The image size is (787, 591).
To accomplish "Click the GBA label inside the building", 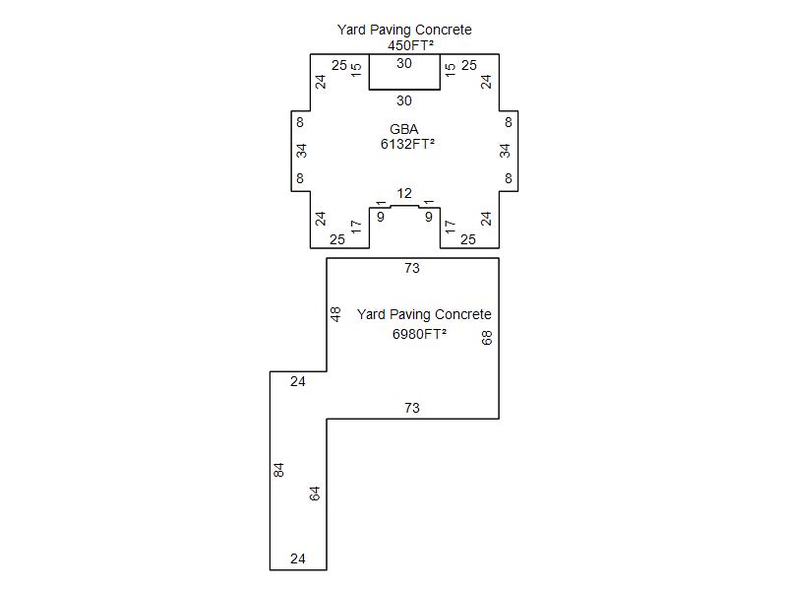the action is (404, 129).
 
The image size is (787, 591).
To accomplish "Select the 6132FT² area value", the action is (407, 144).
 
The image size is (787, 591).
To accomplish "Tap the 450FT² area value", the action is (410, 45).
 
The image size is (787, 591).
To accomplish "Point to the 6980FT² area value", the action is (419, 334).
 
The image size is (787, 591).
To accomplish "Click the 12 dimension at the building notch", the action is (404, 193).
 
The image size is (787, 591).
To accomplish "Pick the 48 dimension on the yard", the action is (335, 314).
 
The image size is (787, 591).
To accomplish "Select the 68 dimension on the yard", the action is (487, 338).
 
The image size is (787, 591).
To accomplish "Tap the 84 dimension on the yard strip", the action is (278, 470).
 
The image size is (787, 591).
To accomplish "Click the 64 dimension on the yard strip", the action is (314, 494).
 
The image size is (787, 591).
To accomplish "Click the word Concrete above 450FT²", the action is (444, 30).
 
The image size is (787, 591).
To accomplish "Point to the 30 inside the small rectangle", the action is (404, 63).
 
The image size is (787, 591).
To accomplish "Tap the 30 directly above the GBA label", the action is (404, 101).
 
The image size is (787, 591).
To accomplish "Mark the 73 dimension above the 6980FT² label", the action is (412, 268).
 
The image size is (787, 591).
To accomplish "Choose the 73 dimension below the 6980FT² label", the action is (412, 408).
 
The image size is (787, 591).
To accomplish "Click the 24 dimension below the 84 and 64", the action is (298, 558).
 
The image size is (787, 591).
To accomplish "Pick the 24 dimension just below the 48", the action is (298, 382).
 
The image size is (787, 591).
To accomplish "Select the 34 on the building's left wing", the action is (301, 151).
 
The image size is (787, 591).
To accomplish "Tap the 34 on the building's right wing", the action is (505, 151).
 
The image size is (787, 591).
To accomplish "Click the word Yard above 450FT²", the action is (351, 30).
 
